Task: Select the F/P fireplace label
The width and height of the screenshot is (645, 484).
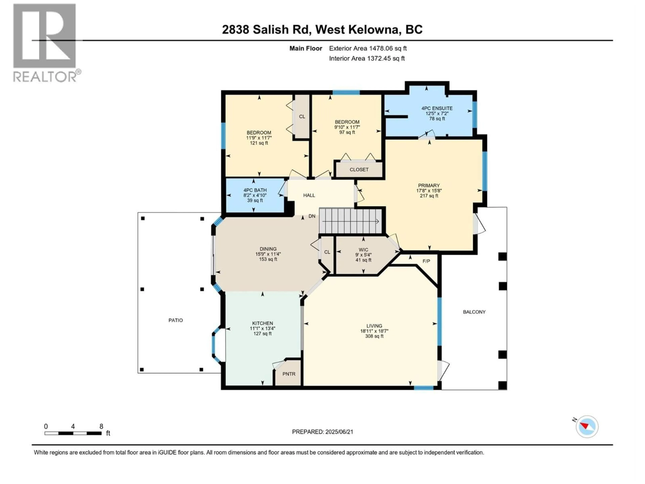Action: tap(426, 261)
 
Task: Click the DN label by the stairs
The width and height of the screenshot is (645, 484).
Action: tap(312, 216)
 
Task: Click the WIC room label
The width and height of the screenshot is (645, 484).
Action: tap(363, 250)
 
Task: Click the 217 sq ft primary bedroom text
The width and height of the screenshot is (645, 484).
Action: tap(429, 196)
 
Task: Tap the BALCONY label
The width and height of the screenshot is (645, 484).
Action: tap(474, 312)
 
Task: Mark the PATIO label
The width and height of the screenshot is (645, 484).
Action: tap(176, 320)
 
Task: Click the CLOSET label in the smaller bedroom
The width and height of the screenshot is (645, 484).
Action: tap(359, 170)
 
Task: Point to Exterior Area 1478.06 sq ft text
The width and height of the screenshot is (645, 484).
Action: tap(368, 48)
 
